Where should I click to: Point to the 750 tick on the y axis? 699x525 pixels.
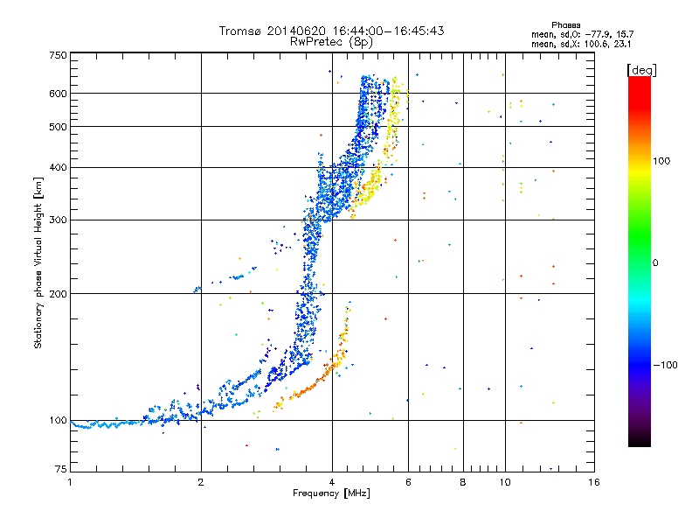(58, 55)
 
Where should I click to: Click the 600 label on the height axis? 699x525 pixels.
(58, 94)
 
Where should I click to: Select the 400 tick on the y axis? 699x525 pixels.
(58, 167)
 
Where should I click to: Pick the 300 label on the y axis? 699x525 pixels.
(58, 220)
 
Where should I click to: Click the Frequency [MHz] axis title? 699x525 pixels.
(331, 493)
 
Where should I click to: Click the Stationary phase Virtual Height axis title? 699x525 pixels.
(38, 262)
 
